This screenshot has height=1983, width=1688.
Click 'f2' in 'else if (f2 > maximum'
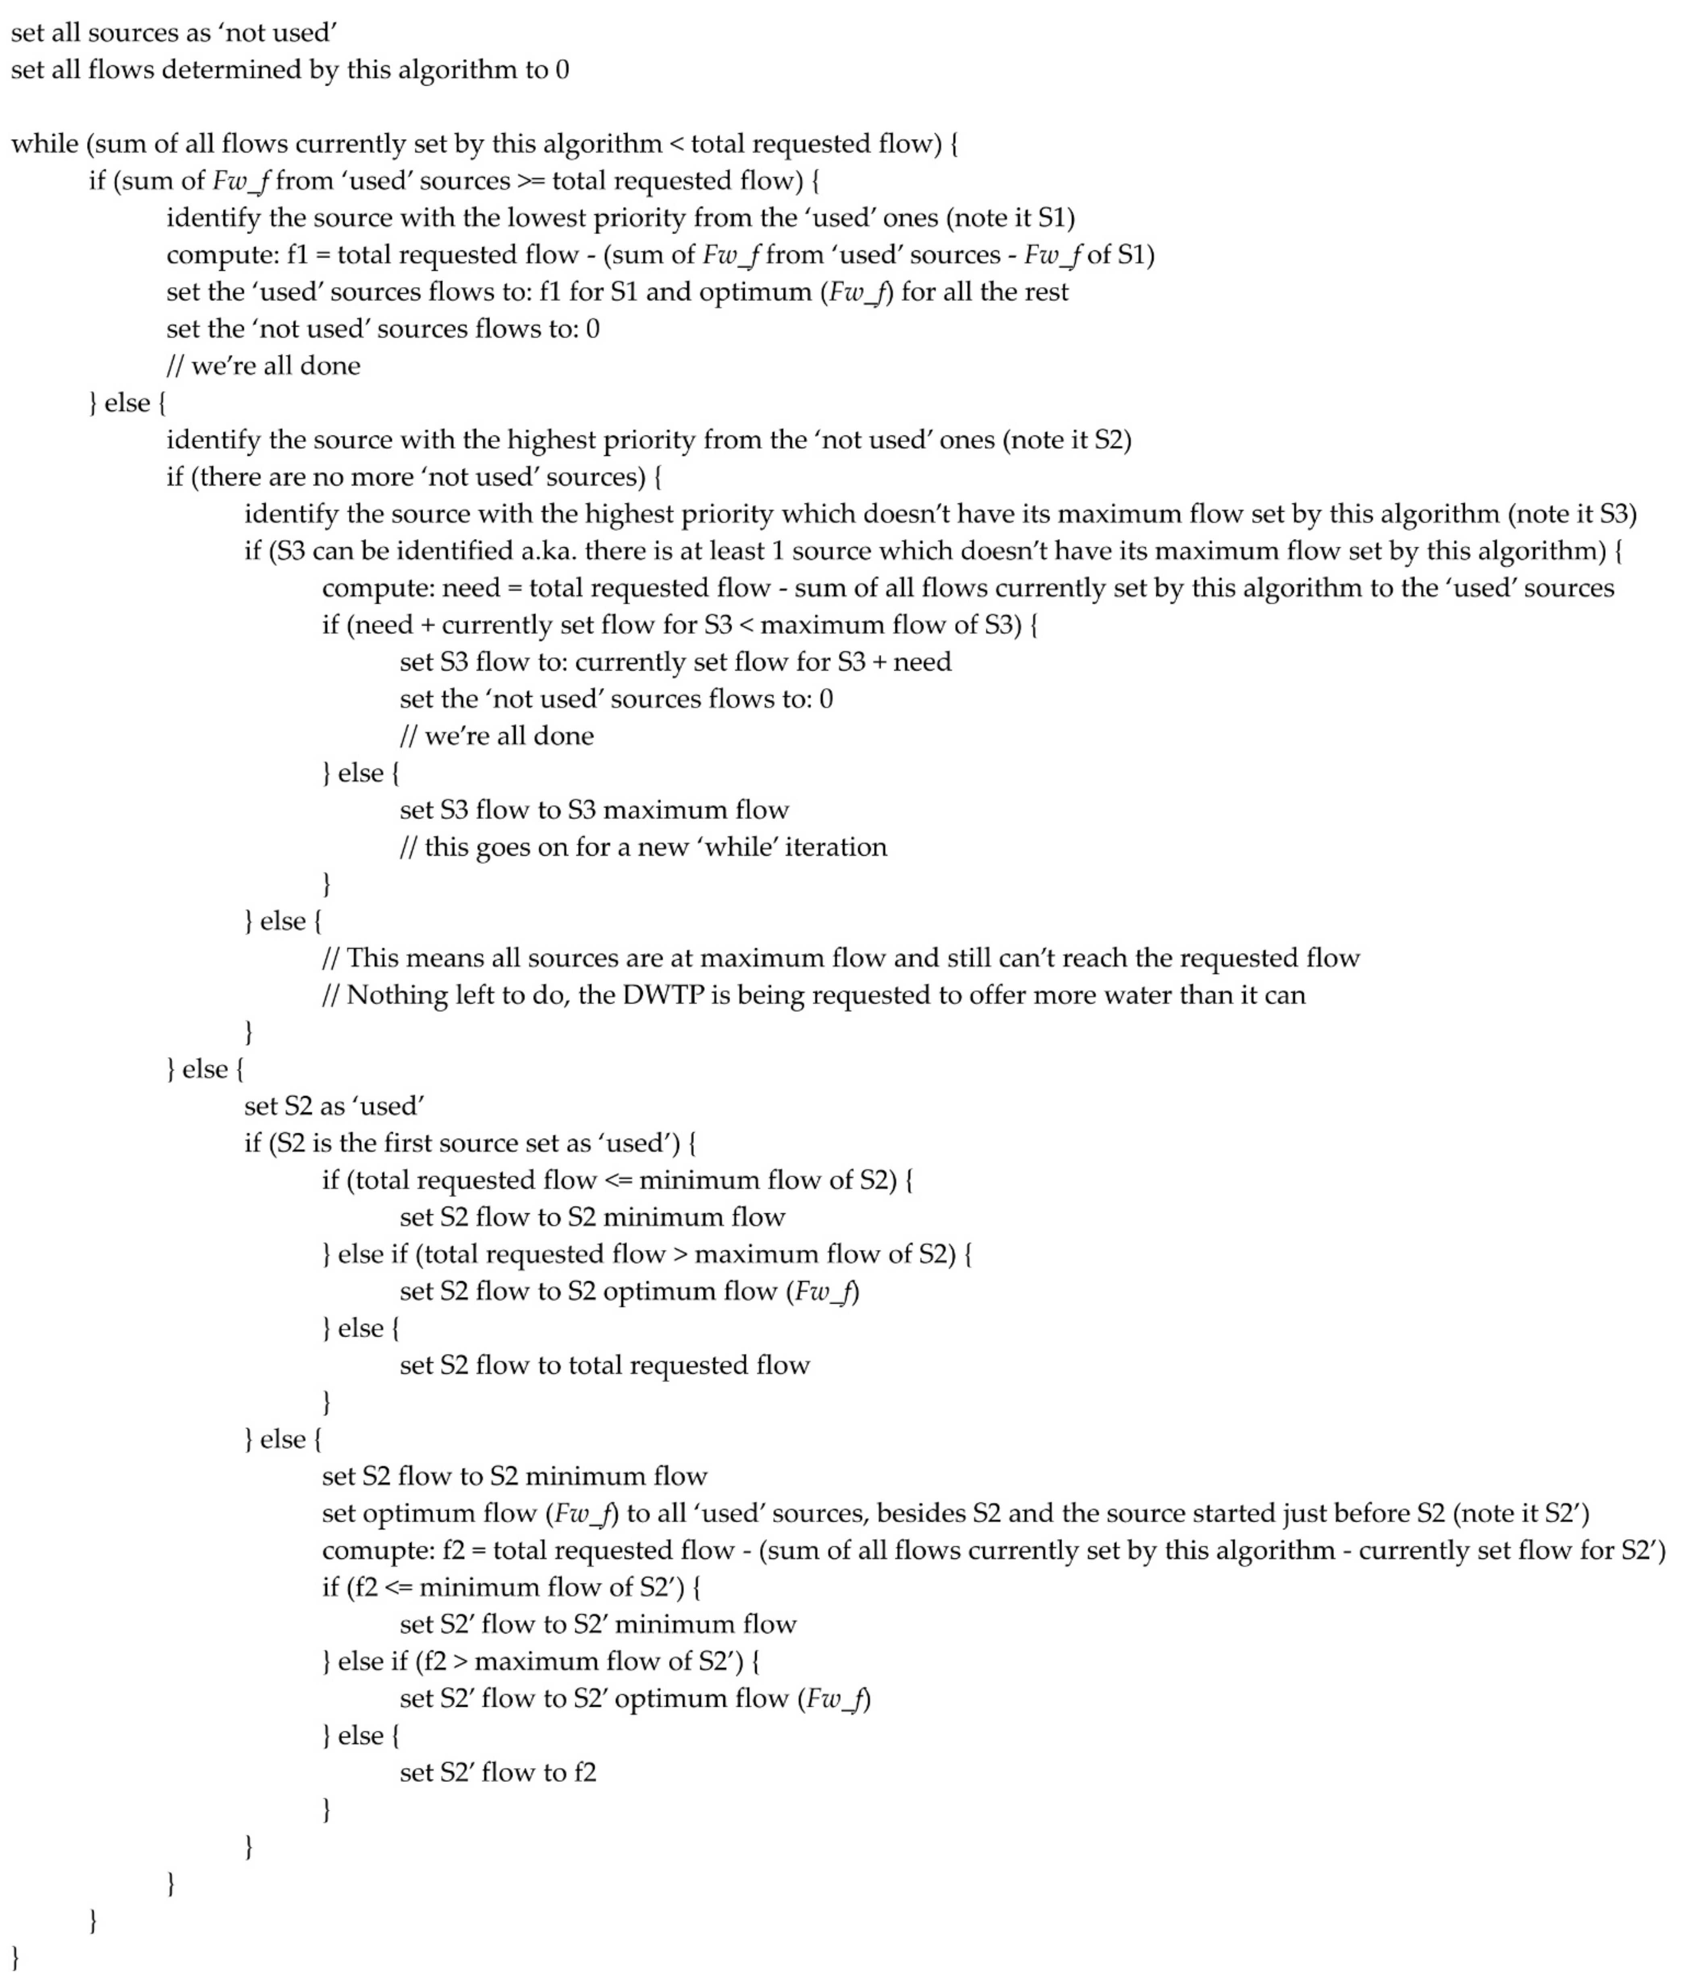432,1662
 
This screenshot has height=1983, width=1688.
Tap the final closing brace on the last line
15,1958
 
